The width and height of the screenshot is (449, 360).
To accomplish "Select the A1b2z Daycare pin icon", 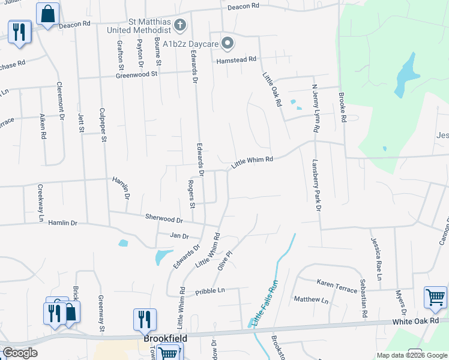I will point(228,42).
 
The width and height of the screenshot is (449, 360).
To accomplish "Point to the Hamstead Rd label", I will point(237,59).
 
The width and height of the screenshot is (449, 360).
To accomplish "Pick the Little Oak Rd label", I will point(272,90).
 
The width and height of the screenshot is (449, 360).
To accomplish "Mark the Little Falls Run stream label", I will point(265,305).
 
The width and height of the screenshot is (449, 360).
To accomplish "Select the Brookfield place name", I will point(166,338).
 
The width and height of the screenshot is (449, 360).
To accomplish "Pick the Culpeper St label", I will point(103,125).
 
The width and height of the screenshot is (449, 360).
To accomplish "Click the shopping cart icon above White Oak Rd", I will point(435,296).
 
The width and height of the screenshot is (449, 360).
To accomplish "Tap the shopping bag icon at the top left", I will point(47,13).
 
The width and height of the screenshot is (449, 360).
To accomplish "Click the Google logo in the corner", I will point(20,353).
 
